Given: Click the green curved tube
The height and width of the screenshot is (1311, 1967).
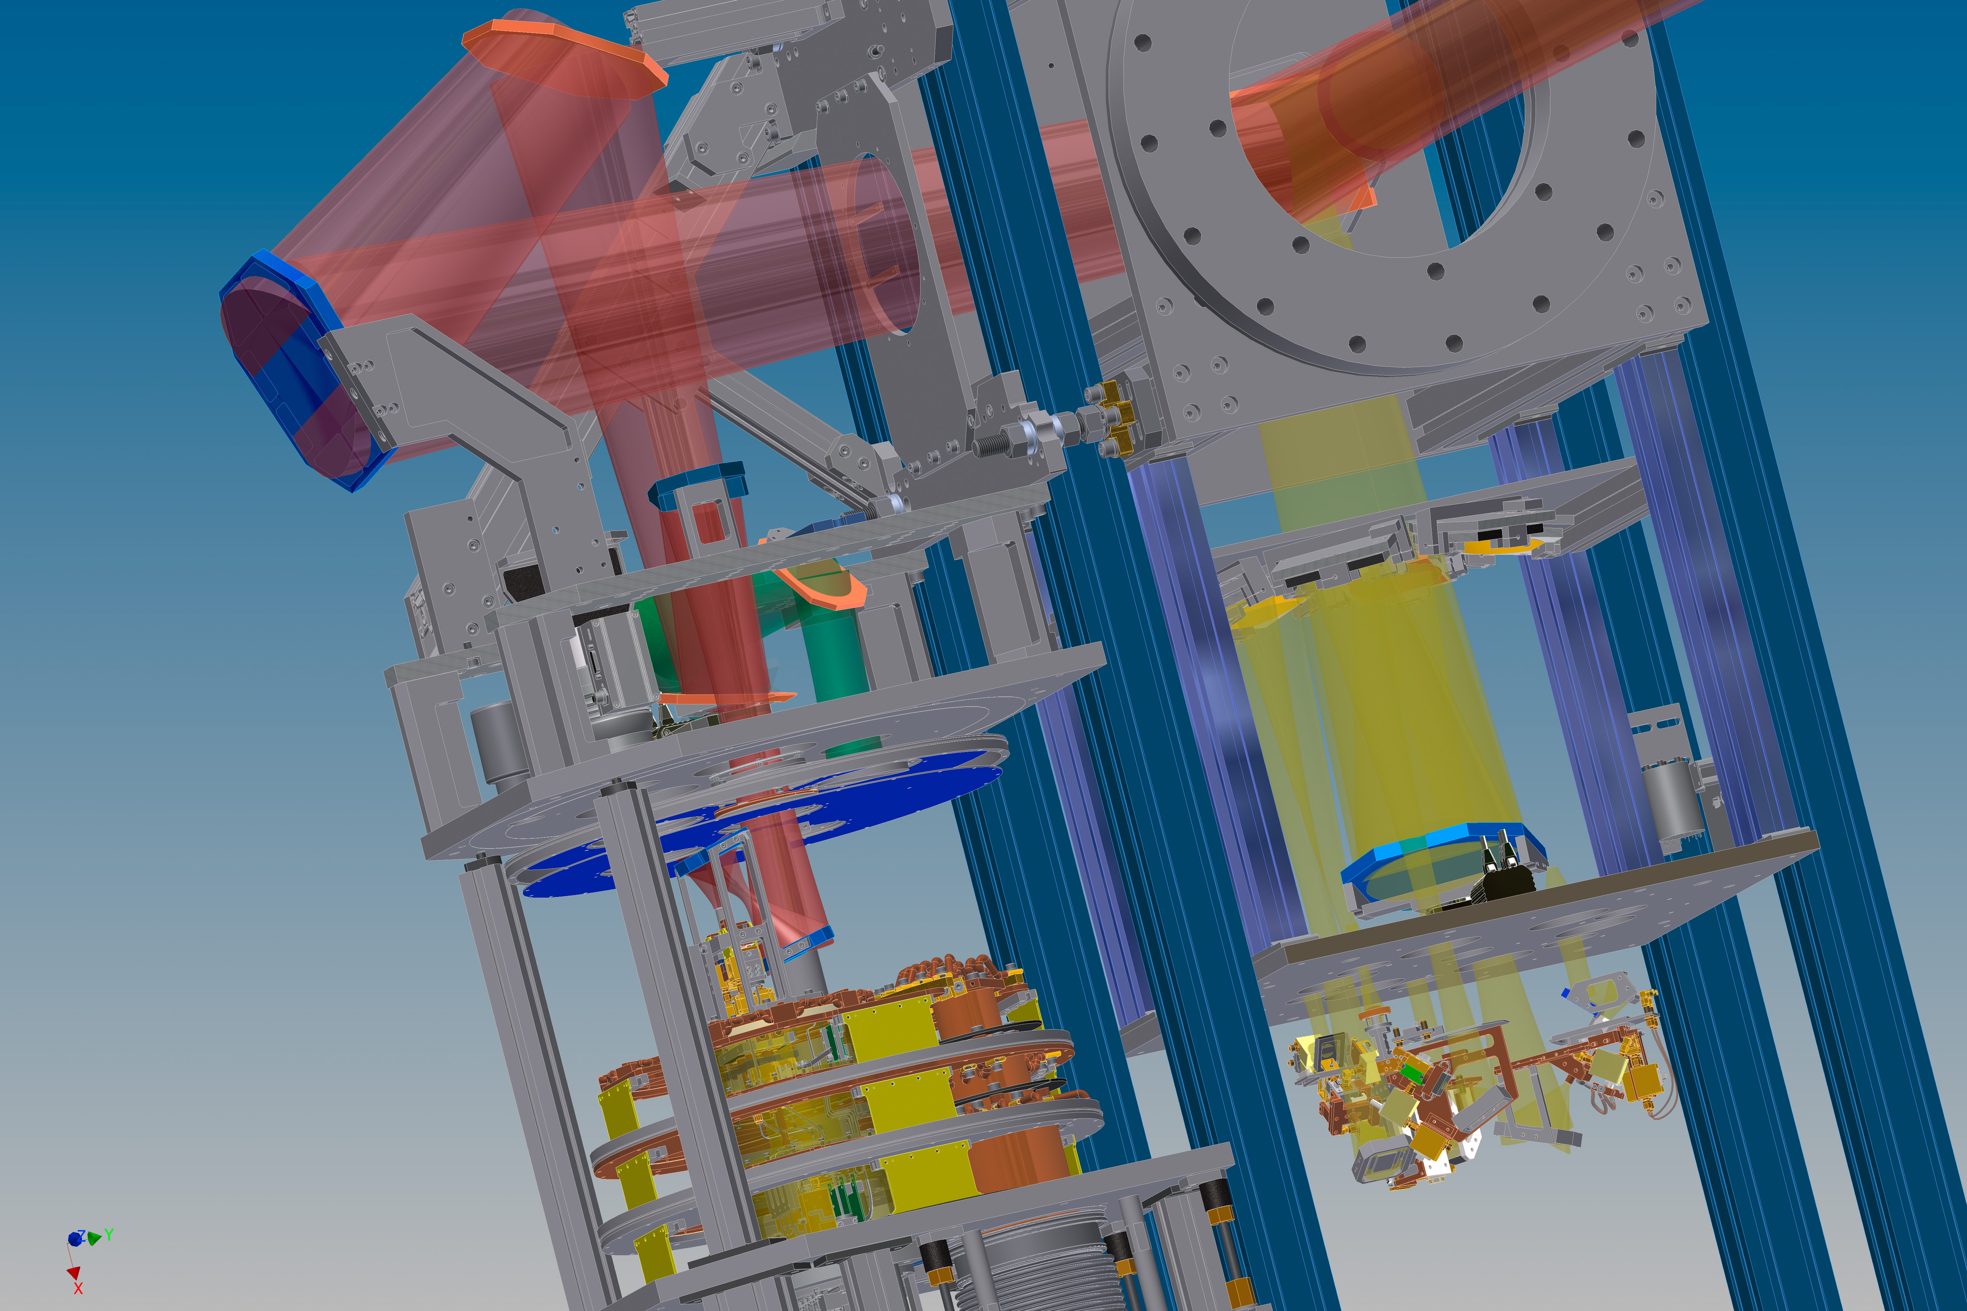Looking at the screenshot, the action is click(803, 636).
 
